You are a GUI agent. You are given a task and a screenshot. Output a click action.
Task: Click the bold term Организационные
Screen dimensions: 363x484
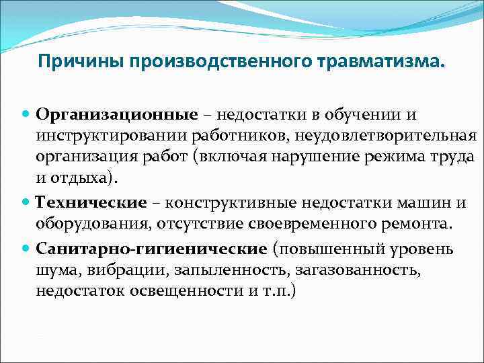(x=118, y=116)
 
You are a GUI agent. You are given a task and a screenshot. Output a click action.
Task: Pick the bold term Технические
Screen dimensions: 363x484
(x=91, y=203)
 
